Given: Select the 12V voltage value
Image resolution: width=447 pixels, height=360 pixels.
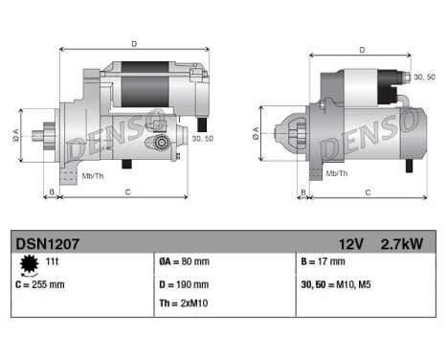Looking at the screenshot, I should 350,243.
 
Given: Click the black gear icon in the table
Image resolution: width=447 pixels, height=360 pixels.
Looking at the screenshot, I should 27,264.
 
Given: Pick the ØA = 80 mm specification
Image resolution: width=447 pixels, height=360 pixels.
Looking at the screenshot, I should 183,261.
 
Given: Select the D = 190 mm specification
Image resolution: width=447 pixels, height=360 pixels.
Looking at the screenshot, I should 183,283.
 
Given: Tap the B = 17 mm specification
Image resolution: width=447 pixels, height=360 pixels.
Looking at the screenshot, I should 325,261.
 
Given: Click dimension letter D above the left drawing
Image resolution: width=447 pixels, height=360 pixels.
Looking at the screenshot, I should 134,42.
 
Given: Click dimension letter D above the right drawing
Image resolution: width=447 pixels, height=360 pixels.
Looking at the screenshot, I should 361,51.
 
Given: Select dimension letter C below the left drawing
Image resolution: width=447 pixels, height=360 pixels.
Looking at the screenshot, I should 128,192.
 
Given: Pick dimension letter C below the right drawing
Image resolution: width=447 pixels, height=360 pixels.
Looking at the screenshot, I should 369,192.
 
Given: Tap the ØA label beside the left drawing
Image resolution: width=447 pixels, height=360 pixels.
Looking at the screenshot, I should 15,133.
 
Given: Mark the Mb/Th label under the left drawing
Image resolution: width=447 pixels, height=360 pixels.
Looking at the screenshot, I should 93,175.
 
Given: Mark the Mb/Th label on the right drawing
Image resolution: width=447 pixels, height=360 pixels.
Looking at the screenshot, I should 336,172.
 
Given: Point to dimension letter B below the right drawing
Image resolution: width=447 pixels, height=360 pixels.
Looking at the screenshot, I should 303,192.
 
